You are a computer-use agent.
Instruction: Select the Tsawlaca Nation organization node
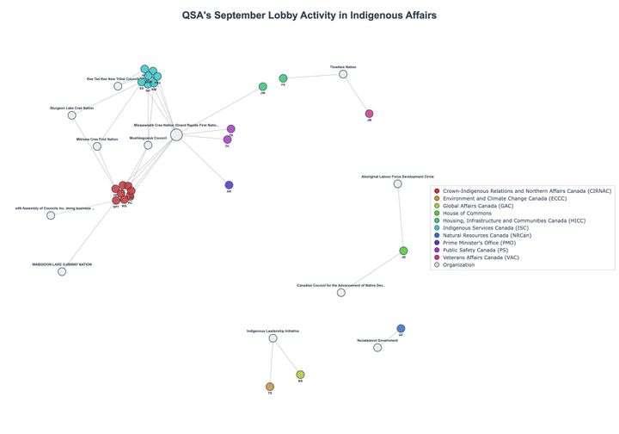(x=343, y=74)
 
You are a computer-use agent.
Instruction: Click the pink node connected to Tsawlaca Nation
(x=369, y=114)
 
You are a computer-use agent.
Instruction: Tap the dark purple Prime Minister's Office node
(x=229, y=185)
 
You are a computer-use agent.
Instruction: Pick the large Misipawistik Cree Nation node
(x=176, y=134)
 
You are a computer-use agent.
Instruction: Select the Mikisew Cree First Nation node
(x=97, y=146)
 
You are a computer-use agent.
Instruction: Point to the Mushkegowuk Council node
(x=148, y=146)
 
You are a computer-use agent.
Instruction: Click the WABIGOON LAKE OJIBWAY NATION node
(x=62, y=272)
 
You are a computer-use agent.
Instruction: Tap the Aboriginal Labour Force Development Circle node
(x=397, y=183)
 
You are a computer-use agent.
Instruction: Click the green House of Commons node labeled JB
(x=403, y=251)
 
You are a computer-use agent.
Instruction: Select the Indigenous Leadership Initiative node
(x=273, y=338)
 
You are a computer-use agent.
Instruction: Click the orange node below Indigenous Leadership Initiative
(x=270, y=387)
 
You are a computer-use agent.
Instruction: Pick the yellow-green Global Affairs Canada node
(x=300, y=375)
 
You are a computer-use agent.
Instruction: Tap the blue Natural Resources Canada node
(x=401, y=328)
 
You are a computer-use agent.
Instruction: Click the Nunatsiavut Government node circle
(x=377, y=347)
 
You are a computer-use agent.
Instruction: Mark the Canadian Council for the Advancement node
(x=341, y=293)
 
